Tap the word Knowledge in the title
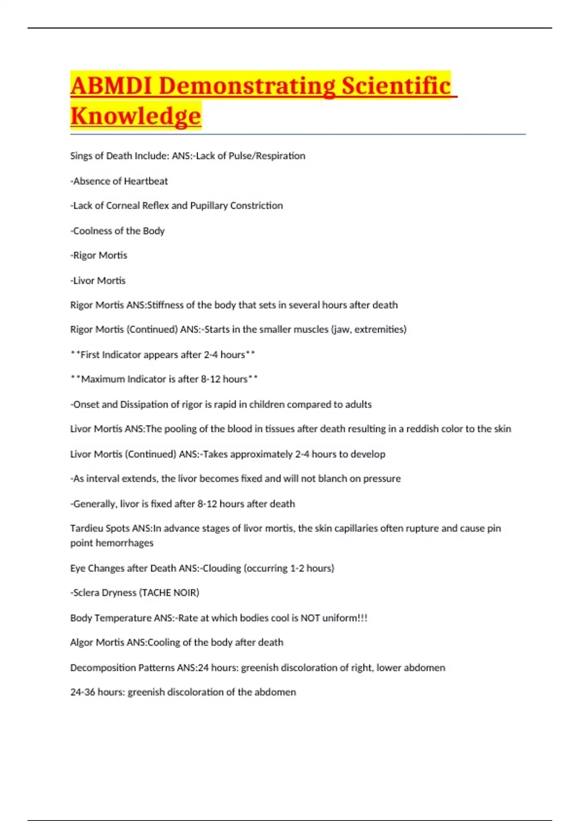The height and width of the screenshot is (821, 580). [135, 116]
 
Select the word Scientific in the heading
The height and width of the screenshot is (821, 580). [396, 86]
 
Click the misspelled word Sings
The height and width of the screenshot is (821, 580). [81, 156]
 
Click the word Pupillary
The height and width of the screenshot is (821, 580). [209, 206]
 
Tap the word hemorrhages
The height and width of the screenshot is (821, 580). [126, 543]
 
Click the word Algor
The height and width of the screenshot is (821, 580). [82, 643]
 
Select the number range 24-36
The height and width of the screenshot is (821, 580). [83, 692]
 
